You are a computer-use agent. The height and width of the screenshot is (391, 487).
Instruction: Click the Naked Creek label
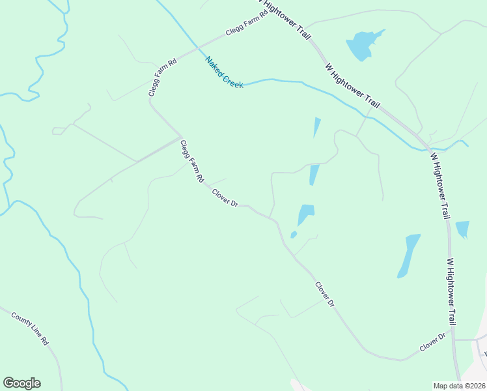click(224, 72)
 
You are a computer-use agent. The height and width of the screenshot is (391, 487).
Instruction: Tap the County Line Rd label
click(30, 328)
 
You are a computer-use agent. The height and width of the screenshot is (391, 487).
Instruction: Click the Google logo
click(21, 383)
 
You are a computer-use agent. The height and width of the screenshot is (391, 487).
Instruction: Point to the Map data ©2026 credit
click(459, 386)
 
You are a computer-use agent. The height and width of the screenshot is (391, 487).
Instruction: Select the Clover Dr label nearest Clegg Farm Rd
click(225, 197)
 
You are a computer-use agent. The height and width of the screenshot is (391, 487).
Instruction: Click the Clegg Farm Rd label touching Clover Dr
click(192, 161)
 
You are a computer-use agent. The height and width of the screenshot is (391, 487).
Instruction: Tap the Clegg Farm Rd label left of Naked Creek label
click(162, 78)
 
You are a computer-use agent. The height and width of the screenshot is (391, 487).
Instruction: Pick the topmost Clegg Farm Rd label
click(247, 23)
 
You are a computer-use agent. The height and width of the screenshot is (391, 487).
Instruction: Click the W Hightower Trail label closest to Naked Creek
click(352, 85)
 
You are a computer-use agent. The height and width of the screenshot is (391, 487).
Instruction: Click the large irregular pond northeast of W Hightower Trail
click(362, 44)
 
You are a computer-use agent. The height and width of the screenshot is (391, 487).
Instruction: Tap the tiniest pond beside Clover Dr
click(294, 235)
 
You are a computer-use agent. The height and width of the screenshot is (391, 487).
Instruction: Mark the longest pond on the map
click(408, 255)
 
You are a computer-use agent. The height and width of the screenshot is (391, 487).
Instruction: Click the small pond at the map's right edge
click(462, 229)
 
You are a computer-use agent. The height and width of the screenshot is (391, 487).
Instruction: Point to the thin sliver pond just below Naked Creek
click(317, 126)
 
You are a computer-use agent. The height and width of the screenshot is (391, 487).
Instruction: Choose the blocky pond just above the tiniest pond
click(305, 214)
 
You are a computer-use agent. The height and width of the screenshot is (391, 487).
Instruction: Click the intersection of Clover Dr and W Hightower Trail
click(454, 340)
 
